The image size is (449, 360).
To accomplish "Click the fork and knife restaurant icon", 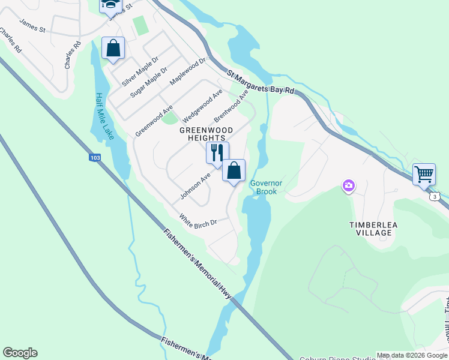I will click(x=217, y=153).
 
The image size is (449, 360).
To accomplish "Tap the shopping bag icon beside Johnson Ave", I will click(x=234, y=170).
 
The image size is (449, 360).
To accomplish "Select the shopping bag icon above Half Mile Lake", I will click(x=113, y=48).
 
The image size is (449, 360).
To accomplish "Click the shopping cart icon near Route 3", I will click(x=424, y=174).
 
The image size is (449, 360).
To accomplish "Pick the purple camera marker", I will click(x=349, y=186).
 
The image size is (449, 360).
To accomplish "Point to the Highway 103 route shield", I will click(x=94, y=158).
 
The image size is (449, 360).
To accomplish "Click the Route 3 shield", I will click(x=435, y=196).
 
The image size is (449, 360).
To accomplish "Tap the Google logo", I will click(x=20, y=353).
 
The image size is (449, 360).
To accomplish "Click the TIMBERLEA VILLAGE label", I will click(x=374, y=229).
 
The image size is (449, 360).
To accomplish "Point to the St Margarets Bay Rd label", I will click(x=262, y=82).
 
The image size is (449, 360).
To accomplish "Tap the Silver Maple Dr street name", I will click(x=139, y=70).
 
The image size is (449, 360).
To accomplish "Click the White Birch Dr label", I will click(x=197, y=220).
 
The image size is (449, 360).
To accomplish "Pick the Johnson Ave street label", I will click(x=195, y=187).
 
